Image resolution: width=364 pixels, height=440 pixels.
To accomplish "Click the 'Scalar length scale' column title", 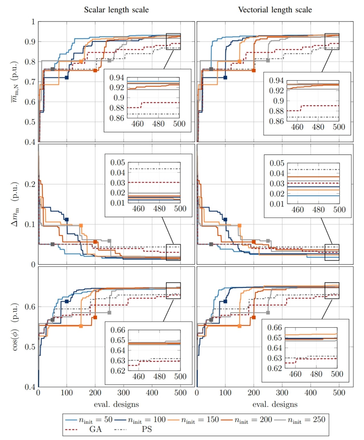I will [116, 10].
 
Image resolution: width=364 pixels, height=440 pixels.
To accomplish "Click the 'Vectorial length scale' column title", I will [275, 10].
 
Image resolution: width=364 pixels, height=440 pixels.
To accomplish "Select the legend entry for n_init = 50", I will [89, 420].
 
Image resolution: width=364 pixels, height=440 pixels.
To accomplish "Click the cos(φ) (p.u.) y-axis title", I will [15, 327].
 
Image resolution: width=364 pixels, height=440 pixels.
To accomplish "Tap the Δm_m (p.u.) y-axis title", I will [15, 204].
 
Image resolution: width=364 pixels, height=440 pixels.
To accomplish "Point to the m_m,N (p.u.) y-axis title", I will [15, 82].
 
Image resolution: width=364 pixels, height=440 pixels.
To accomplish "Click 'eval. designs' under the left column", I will [116, 404].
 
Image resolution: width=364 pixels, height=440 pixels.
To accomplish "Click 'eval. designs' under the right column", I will [275, 404].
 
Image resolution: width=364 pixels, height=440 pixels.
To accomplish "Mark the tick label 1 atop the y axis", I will [33, 22].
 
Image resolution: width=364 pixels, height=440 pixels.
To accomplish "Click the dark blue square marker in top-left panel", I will [67, 77].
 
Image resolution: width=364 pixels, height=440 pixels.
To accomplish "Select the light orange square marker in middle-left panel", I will [81, 225].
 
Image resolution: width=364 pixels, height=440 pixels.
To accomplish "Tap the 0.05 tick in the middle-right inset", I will [277, 163].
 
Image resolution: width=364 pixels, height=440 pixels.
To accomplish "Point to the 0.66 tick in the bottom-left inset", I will [118, 330].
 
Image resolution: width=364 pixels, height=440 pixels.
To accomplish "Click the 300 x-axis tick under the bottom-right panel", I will [282, 393].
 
